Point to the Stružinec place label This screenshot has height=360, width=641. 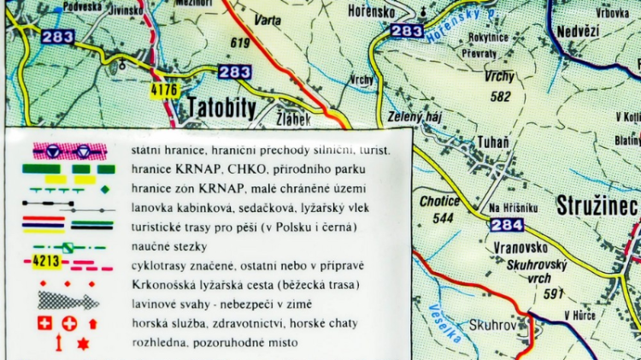597,204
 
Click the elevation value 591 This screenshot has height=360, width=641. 554,293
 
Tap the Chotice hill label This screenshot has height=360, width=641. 441,203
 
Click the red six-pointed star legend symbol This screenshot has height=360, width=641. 83,343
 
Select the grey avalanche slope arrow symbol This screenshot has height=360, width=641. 68,301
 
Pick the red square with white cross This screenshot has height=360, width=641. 44,323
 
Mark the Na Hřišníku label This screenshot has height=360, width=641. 514,208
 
